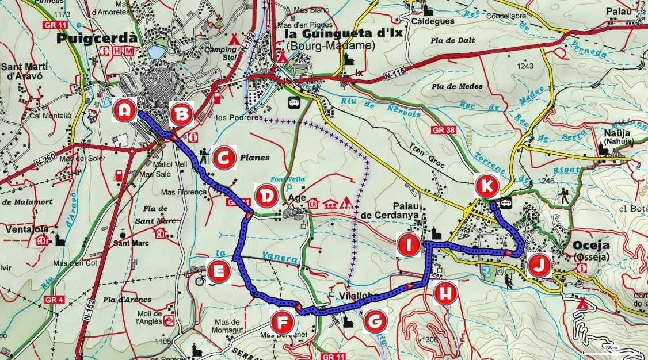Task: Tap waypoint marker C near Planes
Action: [224, 157]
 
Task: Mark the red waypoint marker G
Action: [375, 322]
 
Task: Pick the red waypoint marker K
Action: [487, 186]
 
